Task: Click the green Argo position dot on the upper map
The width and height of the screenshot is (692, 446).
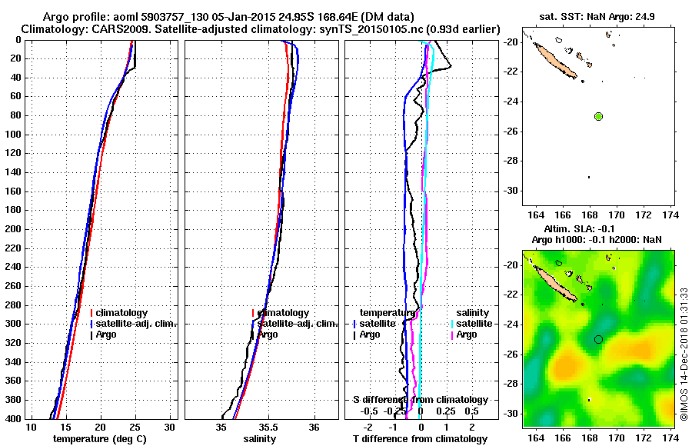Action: tap(598, 116)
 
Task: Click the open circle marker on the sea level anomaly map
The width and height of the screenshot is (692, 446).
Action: tap(598, 338)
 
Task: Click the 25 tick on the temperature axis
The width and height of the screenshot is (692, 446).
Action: tap(135, 427)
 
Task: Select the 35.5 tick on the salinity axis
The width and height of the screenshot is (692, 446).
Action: tap(268, 427)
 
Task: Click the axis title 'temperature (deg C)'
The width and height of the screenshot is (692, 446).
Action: tap(99, 438)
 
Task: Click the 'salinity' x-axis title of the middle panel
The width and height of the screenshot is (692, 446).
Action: tap(258, 438)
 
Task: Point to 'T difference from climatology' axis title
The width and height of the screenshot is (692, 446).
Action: tap(421, 438)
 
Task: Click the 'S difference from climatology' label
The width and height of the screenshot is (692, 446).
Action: tap(421, 400)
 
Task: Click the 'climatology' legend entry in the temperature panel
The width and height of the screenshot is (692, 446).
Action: tap(123, 313)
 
